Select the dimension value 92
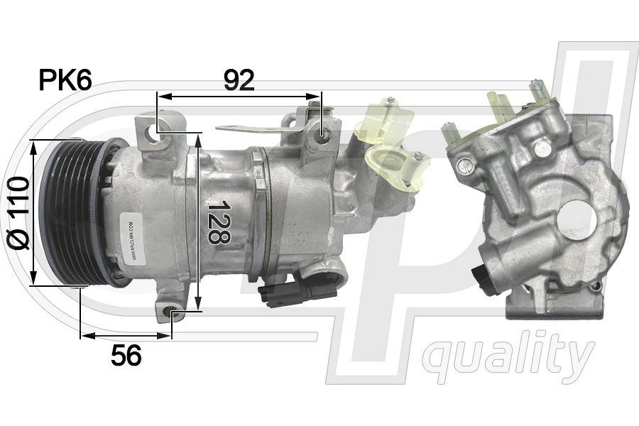click(239, 81)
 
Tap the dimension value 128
click(218, 222)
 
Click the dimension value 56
click(126, 355)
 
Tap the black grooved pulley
click(67, 213)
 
